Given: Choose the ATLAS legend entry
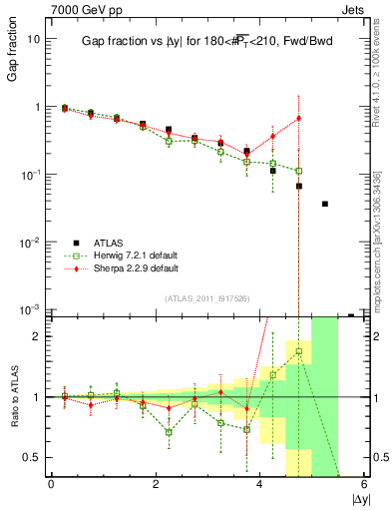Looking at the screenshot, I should point(109,243).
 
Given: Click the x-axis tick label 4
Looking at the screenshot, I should point(260,484).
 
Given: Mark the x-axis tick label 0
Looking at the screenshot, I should point(51,484).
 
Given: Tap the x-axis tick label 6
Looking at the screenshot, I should point(365,484).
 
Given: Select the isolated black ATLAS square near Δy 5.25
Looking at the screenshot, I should point(325,204).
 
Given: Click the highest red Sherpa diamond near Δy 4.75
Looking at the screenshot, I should point(299,118).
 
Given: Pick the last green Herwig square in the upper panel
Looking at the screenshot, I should point(299,171).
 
